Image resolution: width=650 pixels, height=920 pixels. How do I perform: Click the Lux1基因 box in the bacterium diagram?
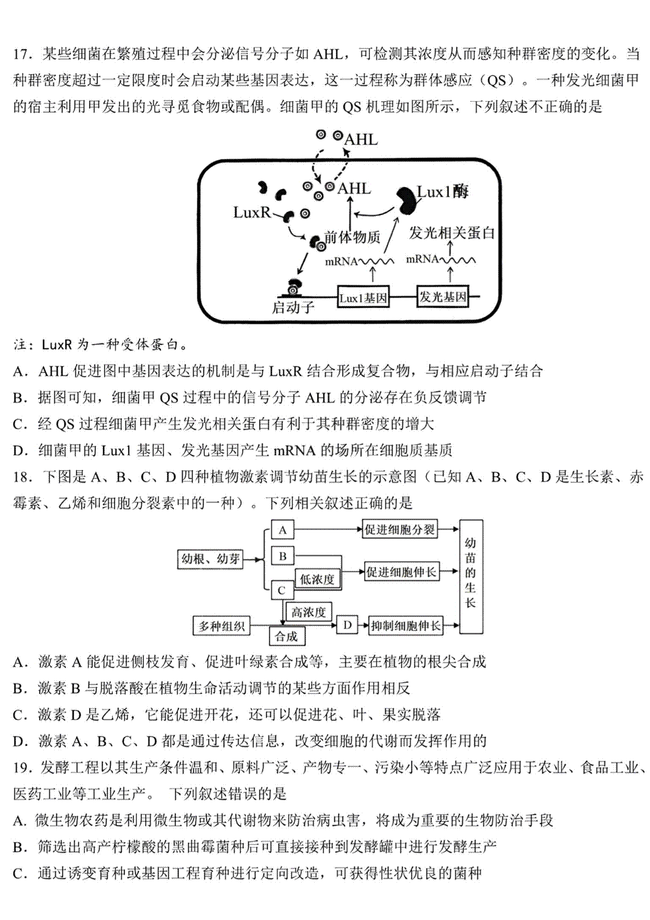pyautogui.click(x=363, y=297)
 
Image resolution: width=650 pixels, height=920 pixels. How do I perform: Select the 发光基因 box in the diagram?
pyautogui.click(x=443, y=297)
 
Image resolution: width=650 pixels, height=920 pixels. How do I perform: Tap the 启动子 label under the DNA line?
pyautogui.click(x=293, y=307)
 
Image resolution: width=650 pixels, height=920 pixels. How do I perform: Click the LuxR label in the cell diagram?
pyautogui.click(x=252, y=213)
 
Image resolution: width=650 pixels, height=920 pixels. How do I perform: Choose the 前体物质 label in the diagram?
pyautogui.click(x=352, y=237)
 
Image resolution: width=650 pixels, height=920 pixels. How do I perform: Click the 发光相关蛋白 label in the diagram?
pyautogui.click(x=451, y=233)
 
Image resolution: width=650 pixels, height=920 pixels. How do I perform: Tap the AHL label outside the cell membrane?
pyautogui.click(x=361, y=140)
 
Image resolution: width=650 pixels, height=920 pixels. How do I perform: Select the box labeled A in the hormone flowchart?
pyautogui.click(x=283, y=530)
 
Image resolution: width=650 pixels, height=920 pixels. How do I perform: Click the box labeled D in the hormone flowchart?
pyautogui.click(x=347, y=625)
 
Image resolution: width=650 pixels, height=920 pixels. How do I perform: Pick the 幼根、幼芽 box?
pyautogui.click(x=210, y=558)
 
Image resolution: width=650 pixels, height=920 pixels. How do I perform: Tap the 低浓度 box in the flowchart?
pyautogui.click(x=317, y=579)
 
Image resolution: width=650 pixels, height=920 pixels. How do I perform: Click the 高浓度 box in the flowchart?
pyautogui.click(x=309, y=613)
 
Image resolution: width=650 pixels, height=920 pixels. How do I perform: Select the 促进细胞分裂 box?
pyautogui.click(x=400, y=530)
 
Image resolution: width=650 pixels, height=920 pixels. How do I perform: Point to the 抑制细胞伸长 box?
pyautogui.click(x=405, y=626)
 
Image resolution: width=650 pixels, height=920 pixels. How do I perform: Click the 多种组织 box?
pyautogui.click(x=222, y=626)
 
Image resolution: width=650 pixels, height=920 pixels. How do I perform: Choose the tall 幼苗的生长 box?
pyautogui.click(x=471, y=576)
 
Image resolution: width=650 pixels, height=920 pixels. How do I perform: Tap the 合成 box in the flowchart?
pyautogui.click(x=287, y=636)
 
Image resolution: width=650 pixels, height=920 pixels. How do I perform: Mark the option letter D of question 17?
pyautogui.click(x=19, y=451)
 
